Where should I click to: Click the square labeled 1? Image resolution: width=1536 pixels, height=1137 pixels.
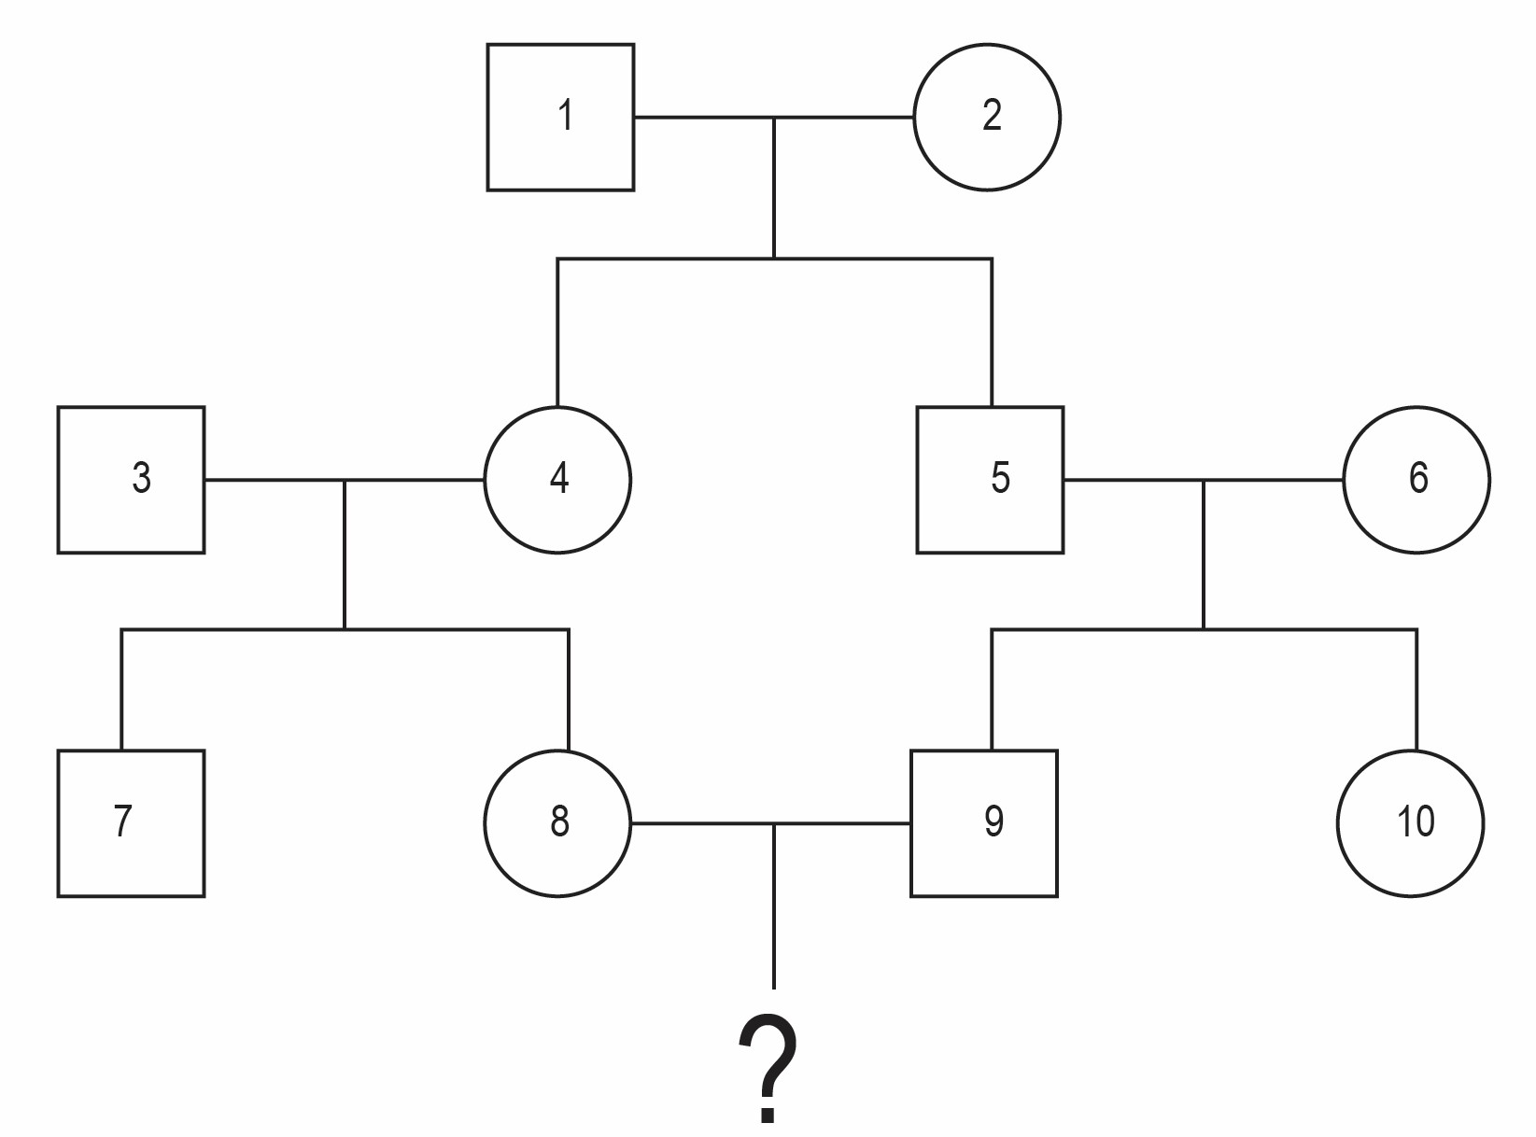click(x=560, y=117)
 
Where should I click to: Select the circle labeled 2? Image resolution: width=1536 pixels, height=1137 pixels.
click(x=987, y=117)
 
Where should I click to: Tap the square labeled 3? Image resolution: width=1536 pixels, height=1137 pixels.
click(x=131, y=480)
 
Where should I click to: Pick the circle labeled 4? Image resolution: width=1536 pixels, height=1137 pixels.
click(x=557, y=480)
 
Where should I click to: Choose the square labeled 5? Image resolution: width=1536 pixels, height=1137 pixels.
click(x=991, y=480)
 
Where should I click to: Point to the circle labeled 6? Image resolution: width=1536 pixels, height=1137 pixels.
click(x=1416, y=480)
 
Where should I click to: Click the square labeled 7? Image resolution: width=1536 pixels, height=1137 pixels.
click(x=131, y=823)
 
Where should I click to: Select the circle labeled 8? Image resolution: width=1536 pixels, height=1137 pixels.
click(x=557, y=823)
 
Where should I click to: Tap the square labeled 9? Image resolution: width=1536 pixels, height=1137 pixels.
click(x=984, y=823)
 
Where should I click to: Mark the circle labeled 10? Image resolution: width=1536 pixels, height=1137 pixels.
click(x=1411, y=823)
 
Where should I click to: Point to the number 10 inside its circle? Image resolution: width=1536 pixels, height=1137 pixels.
click(x=1416, y=821)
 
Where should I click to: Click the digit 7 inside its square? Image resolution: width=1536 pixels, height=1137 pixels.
click(x=122, y=821)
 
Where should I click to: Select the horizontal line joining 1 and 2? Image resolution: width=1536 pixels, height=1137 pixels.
click(x=773, y=118)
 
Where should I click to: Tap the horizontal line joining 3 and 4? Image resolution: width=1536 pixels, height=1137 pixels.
click(x=345, y=480)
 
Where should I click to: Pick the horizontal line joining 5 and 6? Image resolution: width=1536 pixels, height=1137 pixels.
click(x=1204, y=480)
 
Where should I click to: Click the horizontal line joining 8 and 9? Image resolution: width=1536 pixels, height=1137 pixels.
click(x=770, y=824)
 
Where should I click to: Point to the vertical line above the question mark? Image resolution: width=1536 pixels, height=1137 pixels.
click(x=773, y=906)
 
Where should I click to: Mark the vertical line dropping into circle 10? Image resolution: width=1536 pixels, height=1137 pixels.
click(x=1416, y=690)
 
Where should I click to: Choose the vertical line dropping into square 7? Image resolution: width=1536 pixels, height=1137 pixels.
click(x=122, y=690)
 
